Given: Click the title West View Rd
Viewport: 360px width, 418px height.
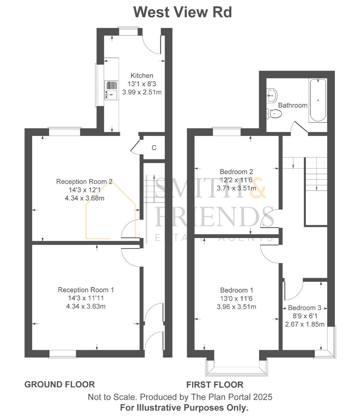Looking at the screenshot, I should click(183, 12).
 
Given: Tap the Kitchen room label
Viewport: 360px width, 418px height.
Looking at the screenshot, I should click(142, 75).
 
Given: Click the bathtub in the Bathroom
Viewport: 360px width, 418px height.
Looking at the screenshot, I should click(318, 100).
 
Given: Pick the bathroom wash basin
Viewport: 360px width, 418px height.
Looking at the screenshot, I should click(272, 94).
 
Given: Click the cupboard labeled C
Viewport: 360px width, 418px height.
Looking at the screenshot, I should click(154, 147).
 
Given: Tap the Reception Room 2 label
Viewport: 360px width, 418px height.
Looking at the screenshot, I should click(84, 182).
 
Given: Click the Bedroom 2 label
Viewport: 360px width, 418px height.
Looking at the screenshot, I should click(236, 171).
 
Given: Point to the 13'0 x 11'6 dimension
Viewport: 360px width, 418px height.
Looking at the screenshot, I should click(236, 298).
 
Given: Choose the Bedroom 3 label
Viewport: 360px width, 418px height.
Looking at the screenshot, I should click(305, 308).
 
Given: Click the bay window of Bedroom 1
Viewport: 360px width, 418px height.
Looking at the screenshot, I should click(237, 368).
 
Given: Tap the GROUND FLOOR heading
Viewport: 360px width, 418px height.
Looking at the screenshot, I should click(60, 384).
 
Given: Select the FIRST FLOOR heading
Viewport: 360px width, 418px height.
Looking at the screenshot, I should click(215, 384).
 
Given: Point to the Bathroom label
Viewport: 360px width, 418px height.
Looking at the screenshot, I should click(293, 105).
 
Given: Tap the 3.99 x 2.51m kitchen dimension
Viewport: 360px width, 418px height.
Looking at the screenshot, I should click(142, 92).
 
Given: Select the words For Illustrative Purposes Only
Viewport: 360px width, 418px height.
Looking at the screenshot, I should click(184, 407).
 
